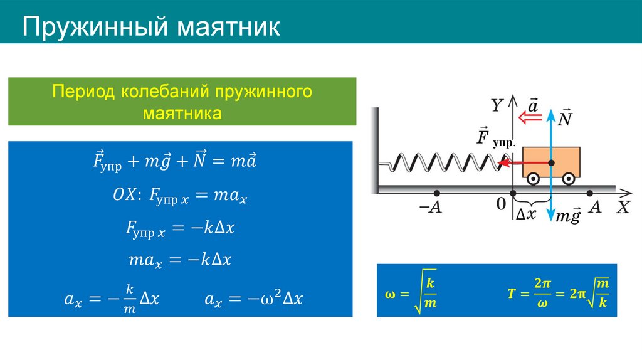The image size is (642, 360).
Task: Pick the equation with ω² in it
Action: pyautogui.click(x=253, y=299)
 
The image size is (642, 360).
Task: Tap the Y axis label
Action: pyautogui.click(x=497, y=106)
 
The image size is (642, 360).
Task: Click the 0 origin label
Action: pyautogui.click(x=500, y=204)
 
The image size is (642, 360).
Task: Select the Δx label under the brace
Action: pyautogui.click(x=525, y=214)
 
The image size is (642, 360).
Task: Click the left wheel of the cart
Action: pyautogui.click(x=532, y=179)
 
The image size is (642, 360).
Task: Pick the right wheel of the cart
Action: pyautogui.click(x=568, y=179)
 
